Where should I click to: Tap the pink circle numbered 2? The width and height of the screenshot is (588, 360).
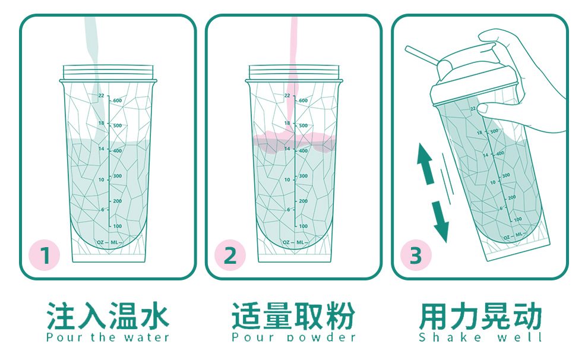tap(230, 256)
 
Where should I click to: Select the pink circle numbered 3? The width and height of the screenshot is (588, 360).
tap(415, 256)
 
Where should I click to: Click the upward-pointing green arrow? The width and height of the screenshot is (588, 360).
tap(424, 162)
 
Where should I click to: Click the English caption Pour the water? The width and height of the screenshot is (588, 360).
tap(108, 337)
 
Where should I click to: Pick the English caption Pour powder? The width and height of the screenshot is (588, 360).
tap(293, 337)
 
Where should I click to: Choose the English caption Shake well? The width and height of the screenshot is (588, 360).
tap(480, 337)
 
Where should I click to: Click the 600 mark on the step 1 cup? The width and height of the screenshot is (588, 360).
tap(117, 101)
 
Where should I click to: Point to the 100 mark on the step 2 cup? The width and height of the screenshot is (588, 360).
tap(303, 226)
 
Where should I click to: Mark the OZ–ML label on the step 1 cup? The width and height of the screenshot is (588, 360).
tap(108, 242)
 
